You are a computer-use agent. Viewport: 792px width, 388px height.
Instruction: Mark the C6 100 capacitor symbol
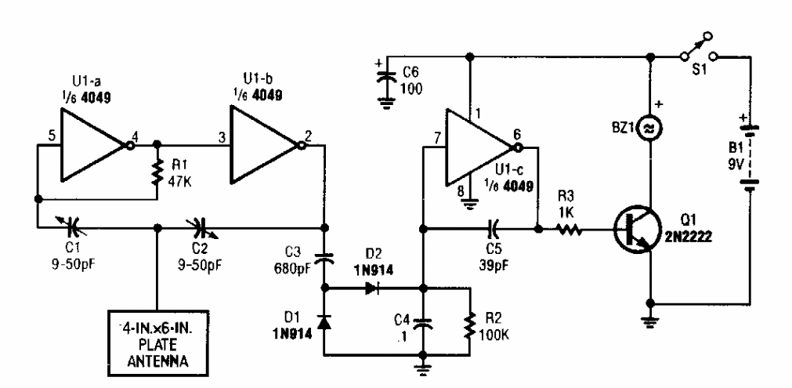[x=384, y=76]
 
